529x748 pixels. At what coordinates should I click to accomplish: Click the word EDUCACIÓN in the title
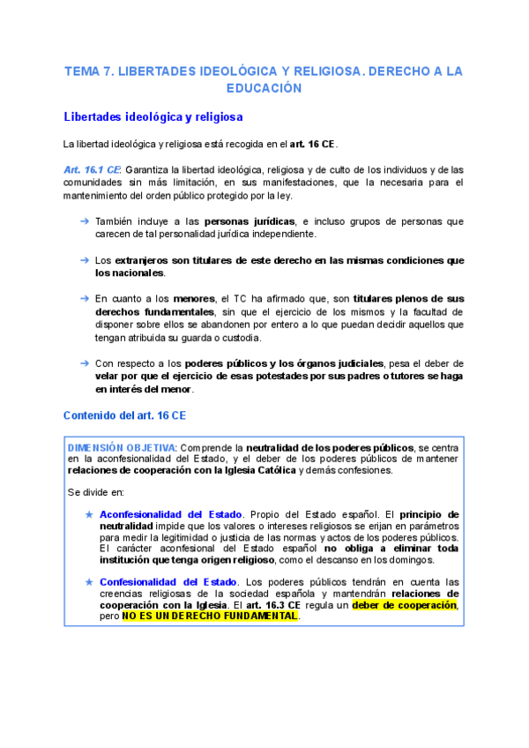tap(264, 88)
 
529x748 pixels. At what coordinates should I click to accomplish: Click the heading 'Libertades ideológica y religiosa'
tap(153, 116)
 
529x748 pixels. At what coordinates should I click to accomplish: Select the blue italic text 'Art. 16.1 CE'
tap(93, 169)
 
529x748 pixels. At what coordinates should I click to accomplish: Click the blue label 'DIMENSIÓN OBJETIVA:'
tap(123, 447)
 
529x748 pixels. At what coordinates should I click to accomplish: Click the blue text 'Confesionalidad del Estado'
tap(168, 582)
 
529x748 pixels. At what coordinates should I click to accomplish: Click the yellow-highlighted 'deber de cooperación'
tap(404, 605)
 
